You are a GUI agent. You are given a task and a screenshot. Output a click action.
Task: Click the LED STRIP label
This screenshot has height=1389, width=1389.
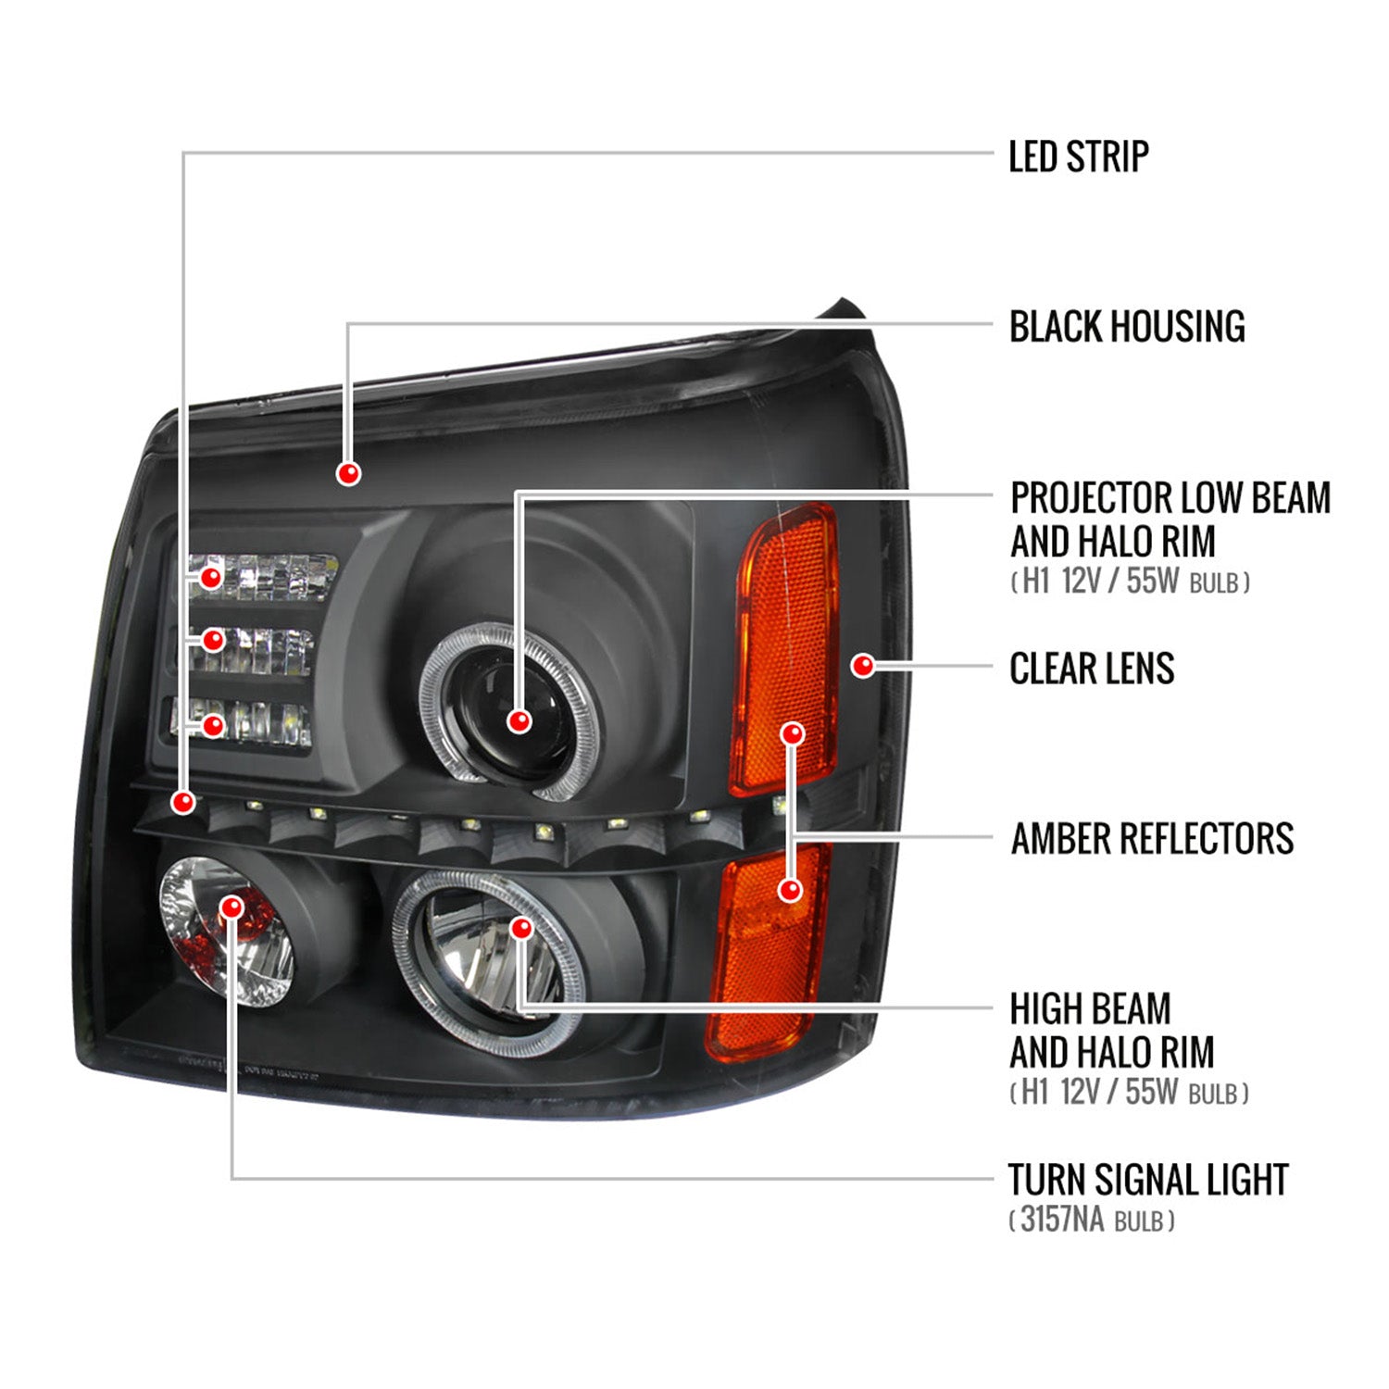1078,156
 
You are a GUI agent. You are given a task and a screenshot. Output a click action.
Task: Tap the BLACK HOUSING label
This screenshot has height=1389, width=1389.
1126,327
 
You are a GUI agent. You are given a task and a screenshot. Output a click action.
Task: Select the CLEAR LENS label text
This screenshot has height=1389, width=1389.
1091,669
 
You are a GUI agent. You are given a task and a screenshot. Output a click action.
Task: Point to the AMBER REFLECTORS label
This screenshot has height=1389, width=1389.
1151,839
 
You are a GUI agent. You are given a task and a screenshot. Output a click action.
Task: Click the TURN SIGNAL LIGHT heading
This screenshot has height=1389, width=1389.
1147,1180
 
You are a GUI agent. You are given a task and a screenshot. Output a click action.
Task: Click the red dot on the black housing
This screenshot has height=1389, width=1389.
348,473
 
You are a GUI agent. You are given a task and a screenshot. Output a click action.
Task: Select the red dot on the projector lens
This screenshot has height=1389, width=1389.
519,720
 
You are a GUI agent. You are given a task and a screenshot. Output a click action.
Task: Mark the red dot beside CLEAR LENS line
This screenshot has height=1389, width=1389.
863,665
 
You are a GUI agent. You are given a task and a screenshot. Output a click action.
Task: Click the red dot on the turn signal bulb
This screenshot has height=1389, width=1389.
231,907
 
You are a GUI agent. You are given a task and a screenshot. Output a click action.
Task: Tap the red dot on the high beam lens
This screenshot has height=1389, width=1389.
521,928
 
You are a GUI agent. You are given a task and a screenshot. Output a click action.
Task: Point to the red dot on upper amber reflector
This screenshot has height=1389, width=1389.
792,734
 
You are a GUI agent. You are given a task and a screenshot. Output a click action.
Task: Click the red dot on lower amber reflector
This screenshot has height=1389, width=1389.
790,890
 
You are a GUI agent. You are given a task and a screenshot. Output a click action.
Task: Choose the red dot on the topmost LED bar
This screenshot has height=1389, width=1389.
212,578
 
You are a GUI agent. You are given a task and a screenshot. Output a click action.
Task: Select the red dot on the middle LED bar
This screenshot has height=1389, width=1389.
213,640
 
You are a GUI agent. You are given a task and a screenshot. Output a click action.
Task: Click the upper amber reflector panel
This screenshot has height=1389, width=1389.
787,630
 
